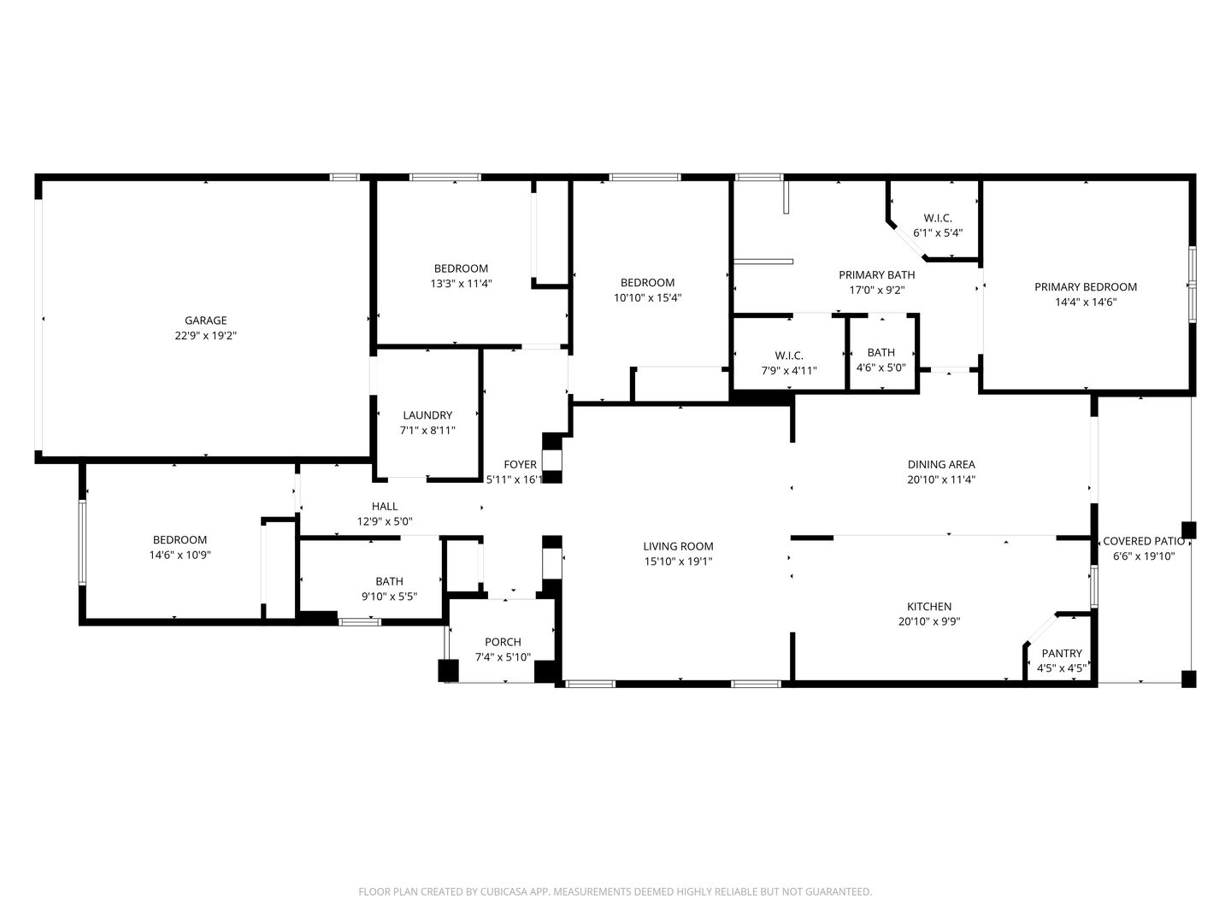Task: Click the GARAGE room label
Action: pyautogui.click(x=206, y=320)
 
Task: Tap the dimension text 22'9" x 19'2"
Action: pyautogui.click(x=206, y=336)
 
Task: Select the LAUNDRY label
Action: pyautogui.click(x=427, y=415)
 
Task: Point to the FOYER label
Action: pyautogui.click(x=520, y=465)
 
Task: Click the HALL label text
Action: pyautogui.click(x=385, y=507)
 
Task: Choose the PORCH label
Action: pyautogui.click(x=503, y=642)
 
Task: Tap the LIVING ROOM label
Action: pyautogui.click(x=678, y=546)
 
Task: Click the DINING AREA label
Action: pyautogui.click(x=941, y=465)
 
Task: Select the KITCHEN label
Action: pyautogui.click(x=929, y=607)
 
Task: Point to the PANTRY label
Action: pyautogui.click(x=1062, y=654)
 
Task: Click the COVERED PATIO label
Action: pyautogui.click(x=1144, y=541)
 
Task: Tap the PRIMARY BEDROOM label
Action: pyautogui.click(x=1086, y=287)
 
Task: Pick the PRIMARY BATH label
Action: pyautogui.click(x=876, y=275)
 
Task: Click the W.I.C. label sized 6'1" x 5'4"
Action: pyautogui.click(x=938, y=218)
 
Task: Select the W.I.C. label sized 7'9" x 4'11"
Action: pyautogui.click(x=789, y=356)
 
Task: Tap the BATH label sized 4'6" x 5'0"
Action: pyautogui.click(x=881, y=352)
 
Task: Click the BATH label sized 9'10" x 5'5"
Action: pyautogui.click(x=389, y=582)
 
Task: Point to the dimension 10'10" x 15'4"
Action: pyautogui.click(x=647, y=297)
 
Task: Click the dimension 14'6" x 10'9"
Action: pyautogui.click(x=180, y=556)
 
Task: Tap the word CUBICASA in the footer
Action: pyautogui.click(x=504, y=891)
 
